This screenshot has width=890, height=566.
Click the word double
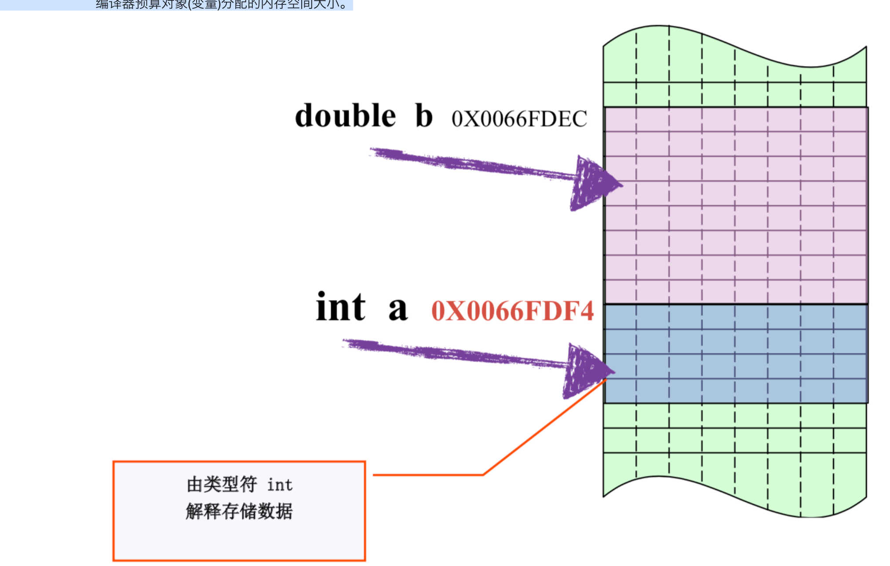pyautogui.click(x=345, y=116)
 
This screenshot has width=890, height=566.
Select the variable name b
pyautogui.click(x=424, y=116)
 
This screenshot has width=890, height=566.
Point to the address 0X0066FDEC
pyautogui.click(x=519, y=119)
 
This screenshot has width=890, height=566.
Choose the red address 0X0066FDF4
pyautogui.click(x=512, y=311)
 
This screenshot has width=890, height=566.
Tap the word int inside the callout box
pyautogui.click(x=280, y=485)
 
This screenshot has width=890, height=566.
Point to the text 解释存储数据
pyautogui.click(x=239, y=511)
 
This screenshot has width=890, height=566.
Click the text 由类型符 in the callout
pyautogui.click(x=222, y=485)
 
